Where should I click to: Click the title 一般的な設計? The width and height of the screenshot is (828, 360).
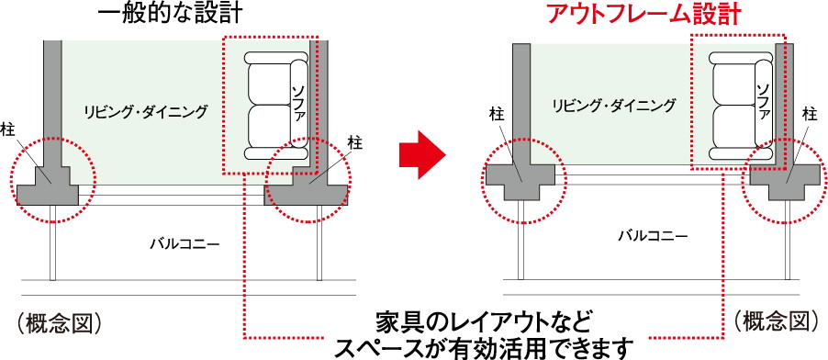(x=170, y=14)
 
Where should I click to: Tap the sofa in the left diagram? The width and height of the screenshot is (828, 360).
(x=276, y=106)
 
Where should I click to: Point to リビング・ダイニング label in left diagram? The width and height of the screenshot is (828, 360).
(x=146, y=111)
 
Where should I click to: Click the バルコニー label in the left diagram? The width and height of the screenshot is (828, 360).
(x=185, y=243)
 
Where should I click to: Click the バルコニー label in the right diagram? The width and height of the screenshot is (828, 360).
(x=654, y=235)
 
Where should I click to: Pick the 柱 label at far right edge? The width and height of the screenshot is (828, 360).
(x=810, y=113)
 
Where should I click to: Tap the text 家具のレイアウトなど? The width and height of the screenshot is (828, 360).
(x=482, y=322)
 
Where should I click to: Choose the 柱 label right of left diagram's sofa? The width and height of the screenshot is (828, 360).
(x=355, y=142)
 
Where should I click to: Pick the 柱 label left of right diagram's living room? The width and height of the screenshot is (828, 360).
(x=495, y=114)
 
